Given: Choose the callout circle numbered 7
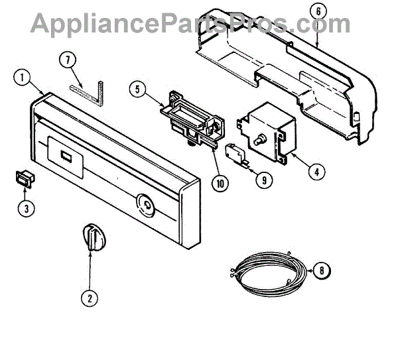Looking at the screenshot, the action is pyautogui.click(x=68, y=58).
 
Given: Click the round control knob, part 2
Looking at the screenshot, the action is pyautogui.click(x=91, y=237).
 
